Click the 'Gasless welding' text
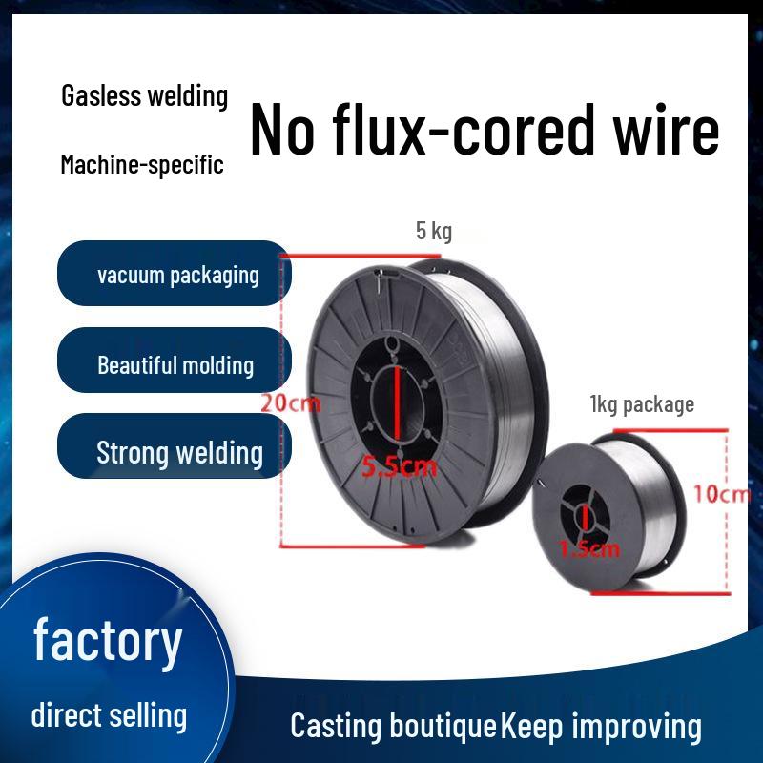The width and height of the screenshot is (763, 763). [x=145, y=96]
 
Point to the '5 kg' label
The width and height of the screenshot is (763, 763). [x=434, y=231]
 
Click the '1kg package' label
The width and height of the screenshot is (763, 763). [x=642, y=404]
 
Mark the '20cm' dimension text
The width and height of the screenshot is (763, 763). [x=290, y=403]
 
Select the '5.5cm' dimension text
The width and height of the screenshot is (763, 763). [x=399, y=466]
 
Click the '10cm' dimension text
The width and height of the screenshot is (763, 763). [x=722, y=494]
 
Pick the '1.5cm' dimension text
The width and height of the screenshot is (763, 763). [x=588, y=548]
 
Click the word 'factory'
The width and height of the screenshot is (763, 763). [x=107, y=641]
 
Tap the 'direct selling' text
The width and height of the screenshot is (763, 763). [x=109, y=714]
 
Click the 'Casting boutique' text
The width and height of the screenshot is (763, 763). [x=393, y=726]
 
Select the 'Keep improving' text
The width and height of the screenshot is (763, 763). [x=601, y=726]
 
